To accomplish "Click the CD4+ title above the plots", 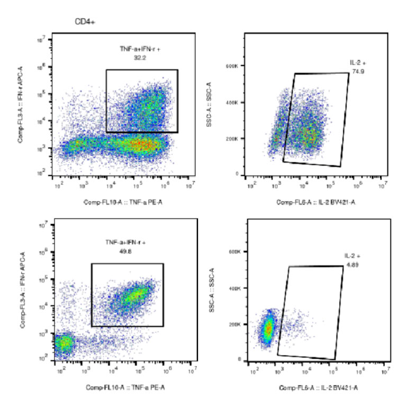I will (x=85, y=22).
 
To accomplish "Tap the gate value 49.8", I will (x=125, y=251).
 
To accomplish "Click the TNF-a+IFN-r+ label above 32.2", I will (x=140, y=49).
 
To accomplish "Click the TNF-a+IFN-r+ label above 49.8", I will (x=125, y=243).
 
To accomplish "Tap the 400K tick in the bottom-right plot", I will (x=234, y=288).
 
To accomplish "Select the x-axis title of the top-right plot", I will (x=315, y=203).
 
